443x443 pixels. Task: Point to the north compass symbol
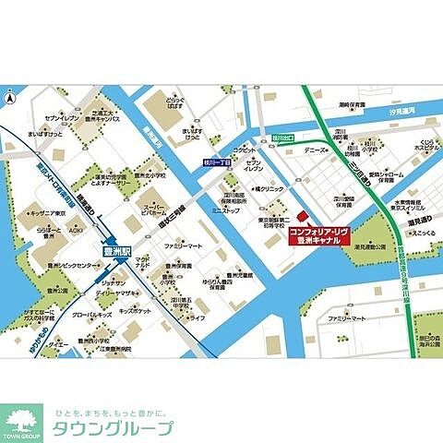coord(11,97)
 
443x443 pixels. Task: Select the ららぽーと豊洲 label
coord(37,233)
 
